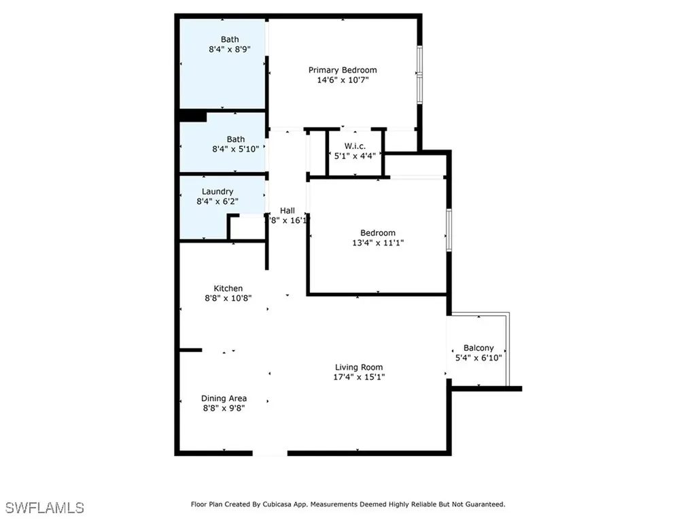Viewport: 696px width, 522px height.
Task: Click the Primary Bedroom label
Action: coord(343,70)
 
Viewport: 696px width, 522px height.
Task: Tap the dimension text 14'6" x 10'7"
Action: coord(343,80)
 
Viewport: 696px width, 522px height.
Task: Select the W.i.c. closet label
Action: coord(355,145)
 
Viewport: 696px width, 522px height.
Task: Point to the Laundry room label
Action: coord(217,192)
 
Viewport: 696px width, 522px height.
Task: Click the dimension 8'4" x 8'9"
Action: coord(229,50)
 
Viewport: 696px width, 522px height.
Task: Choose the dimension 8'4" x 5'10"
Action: coord(236,150)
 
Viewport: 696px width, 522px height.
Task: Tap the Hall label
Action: coord(288,210)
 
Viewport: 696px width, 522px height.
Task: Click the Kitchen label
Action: coord(228,288)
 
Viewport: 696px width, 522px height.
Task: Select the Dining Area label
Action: coord(224,398)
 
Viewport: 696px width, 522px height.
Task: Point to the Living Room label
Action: coord(359,367)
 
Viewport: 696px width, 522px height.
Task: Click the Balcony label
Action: coord(478,348)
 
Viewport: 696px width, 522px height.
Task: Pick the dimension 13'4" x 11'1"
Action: coord(377,243)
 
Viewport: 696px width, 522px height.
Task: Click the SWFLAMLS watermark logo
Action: coord(45,508)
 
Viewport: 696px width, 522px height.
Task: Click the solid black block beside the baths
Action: coord(192,116)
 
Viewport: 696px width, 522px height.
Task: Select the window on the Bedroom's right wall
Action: coord(449,230)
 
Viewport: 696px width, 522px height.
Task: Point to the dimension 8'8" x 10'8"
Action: coord(228,298)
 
